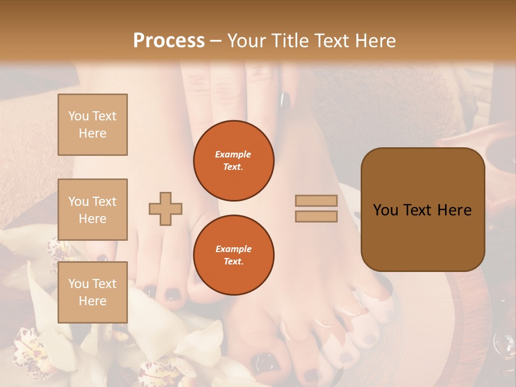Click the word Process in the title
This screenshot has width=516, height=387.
click(x=169, y=40)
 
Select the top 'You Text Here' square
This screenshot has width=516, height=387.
click(x=92, y=125)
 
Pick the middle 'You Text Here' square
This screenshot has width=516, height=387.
click(x=92, y=210)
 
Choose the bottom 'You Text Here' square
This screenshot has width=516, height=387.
click(x=92, y=292)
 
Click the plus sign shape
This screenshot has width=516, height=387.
click(x=166, y=209)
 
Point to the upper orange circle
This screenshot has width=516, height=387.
click(x=234, y=161)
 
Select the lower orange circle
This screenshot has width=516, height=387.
click(x=234, y=255)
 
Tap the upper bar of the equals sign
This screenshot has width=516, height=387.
click(x=317, y=200)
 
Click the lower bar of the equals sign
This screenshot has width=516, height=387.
click(x=317, y=216)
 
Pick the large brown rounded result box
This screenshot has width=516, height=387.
click(x=422, y=210)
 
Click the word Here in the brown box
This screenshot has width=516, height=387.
click(x=454, y=210)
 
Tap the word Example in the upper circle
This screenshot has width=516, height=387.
click(x=233, y=154)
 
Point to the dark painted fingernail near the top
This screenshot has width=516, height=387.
click(x=285, y=100)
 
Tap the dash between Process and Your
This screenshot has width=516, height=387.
click(x=216, y=41)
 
